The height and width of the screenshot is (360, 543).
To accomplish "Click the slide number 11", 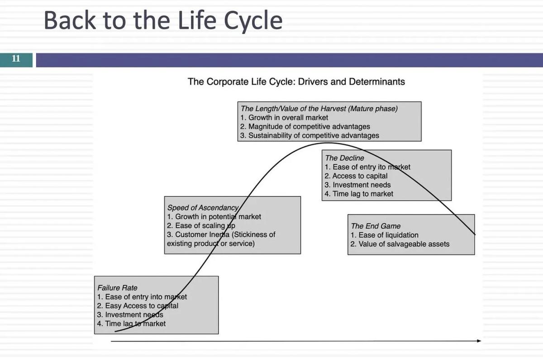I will click(16, 59).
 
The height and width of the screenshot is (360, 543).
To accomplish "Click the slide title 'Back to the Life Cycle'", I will click(163, 21).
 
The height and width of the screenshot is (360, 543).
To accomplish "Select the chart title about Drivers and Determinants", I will click(296, 82).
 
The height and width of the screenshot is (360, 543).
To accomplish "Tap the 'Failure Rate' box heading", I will click(117, 288).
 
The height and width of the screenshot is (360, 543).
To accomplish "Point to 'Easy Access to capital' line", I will click(138, 306).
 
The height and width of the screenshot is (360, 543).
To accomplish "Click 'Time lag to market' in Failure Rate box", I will click(131, 324).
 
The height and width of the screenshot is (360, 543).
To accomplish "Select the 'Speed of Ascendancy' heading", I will click(203, 208).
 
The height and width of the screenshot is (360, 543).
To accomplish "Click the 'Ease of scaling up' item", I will click(201, 226).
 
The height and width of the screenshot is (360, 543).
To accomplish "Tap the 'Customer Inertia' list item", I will click(221, 235).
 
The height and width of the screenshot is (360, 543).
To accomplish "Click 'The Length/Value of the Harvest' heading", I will click(319, 109).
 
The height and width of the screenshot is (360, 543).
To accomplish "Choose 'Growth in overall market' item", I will click(284, 118).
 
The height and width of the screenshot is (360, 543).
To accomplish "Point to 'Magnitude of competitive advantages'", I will click(305, 127).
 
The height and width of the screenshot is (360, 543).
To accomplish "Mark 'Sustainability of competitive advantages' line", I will click(310, 135).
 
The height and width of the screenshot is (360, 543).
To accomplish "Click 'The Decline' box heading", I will click(344, 158).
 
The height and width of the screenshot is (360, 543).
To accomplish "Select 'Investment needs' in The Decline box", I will click(357, 185).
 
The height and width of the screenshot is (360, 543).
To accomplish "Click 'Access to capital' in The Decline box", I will click(356, 176).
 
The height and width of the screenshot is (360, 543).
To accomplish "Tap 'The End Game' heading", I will click(376, 226).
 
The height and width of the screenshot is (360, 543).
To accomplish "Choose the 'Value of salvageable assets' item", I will click(400, 244).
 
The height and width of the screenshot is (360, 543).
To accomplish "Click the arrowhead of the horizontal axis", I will click(479, 341).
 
